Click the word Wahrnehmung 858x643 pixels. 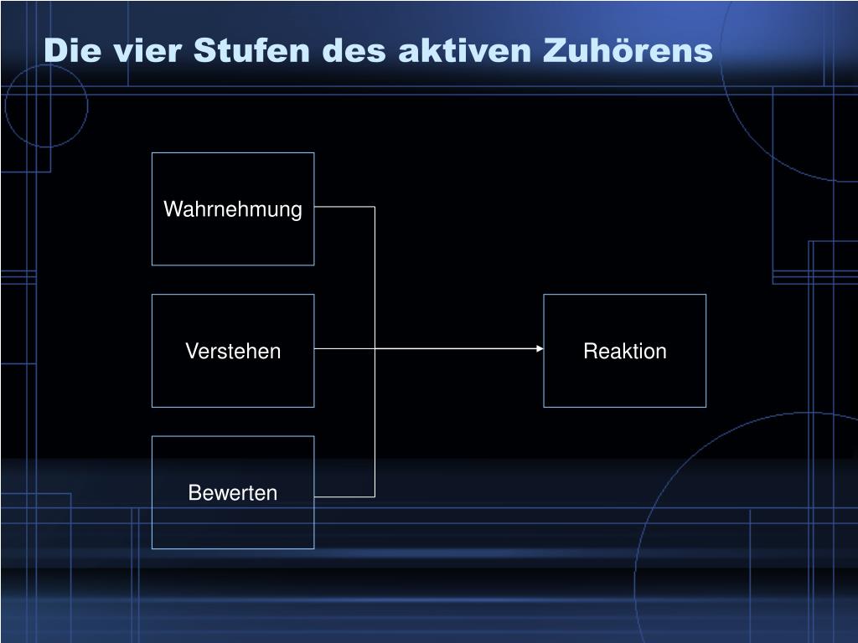232,209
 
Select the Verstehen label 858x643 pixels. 233,351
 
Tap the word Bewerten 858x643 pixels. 233,493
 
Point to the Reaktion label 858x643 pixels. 625,351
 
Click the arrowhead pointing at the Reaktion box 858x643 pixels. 540,348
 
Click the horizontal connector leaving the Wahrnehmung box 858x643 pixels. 344,206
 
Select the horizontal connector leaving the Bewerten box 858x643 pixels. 344,496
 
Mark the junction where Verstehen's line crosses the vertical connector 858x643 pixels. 375,348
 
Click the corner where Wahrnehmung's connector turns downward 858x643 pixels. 375,206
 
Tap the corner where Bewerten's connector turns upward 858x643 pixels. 375,496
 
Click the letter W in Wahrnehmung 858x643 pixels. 171,209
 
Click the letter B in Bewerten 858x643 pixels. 194,493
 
